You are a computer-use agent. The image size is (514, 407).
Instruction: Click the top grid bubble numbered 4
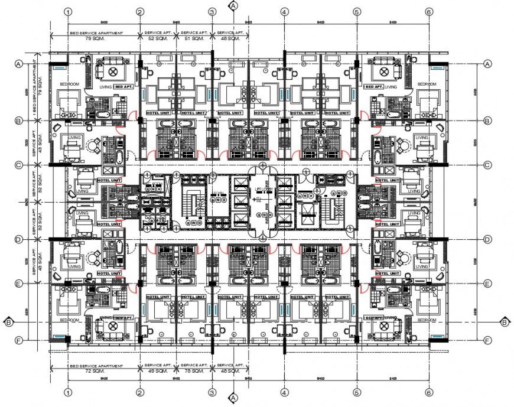coord(284,11)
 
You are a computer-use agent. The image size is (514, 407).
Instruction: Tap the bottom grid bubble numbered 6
coord(429,392)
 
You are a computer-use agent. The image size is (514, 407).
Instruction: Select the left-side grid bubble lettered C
coord(19,165)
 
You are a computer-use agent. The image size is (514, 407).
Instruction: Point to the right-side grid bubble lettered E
coord(488,284)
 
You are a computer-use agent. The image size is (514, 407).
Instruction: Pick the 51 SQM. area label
coord(194,38)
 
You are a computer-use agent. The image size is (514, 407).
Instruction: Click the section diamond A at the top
coord(234,5)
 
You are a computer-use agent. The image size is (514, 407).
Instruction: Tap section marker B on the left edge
coord(8,322)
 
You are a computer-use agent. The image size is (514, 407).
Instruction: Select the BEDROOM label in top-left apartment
coord(69,84)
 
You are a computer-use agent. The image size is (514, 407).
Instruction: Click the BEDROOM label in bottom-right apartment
coord(427,319)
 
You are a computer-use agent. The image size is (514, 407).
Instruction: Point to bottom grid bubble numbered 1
coord(69,392)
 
